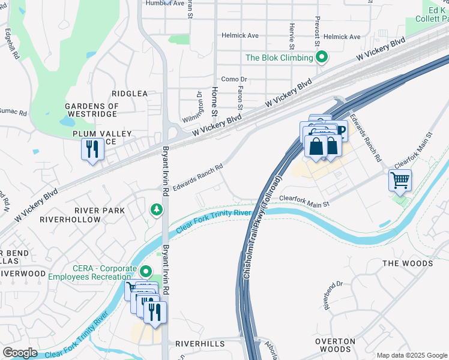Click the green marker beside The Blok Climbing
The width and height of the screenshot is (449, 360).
[322, 58]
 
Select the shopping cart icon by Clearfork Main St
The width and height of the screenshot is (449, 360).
[400, 180]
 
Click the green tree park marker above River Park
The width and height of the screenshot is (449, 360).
[156, 209]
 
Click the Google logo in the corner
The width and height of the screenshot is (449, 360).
[20, 353]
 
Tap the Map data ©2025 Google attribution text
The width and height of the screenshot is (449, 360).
[411, 355]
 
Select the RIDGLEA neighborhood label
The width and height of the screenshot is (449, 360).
[130, 94]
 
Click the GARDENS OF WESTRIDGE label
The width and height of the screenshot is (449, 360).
[92, 110]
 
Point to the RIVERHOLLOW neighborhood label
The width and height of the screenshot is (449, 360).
[70, 220]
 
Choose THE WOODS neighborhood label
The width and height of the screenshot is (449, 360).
[408, 263]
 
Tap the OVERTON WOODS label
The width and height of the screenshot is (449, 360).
[335, 345]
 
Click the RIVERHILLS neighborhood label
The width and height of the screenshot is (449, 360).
[200, 344]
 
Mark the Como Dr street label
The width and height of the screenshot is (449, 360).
[234, 79]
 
